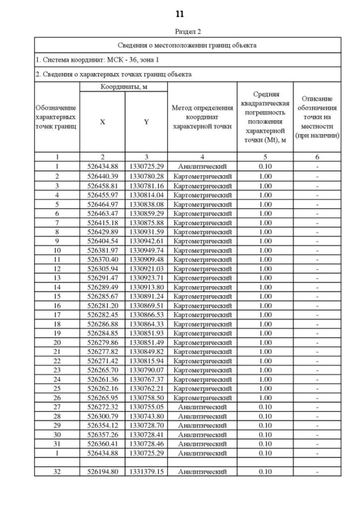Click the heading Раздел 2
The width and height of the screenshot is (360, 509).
[x=180, y=31]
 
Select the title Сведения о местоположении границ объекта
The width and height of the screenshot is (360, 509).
[x=188, y=45]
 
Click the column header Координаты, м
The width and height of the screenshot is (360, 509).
[x=124, y=87]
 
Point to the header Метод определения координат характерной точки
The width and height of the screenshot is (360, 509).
[x=202, y=117]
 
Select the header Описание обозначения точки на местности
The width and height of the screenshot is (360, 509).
[x=317, y=117]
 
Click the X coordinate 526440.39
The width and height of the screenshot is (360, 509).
[x=102, y=176]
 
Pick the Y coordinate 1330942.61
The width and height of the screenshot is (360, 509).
[x=146, y=240]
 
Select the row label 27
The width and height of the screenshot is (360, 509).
[x=57, y=406]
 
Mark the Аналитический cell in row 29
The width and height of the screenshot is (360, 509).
[x=202, y=425]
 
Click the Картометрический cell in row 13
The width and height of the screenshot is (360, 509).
[x=202, y=277]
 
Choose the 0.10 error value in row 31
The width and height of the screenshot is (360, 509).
[x=265, y=443]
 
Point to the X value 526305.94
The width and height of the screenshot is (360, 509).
[x=102, y=268]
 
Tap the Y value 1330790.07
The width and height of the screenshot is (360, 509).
[x=146, y=370]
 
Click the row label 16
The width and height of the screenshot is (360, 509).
[x=57, y=305]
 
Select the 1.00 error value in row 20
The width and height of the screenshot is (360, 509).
[x=265, y=342]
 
